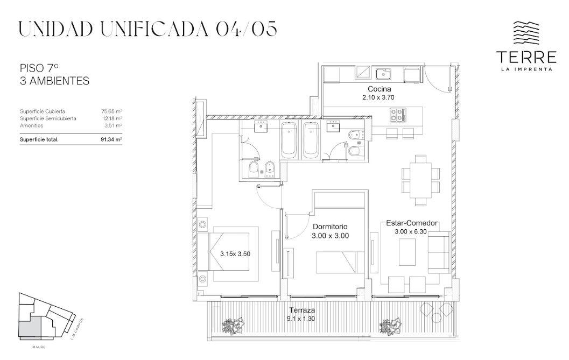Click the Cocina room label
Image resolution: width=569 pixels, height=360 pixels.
click(x=379, y=89)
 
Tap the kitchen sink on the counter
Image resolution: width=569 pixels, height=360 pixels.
click(x=383, y=74)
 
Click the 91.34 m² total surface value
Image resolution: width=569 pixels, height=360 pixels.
click(x=111, y=139)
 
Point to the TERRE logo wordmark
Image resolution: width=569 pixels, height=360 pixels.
click(x=526, y=57)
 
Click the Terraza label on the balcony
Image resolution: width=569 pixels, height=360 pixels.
click(x=302, y=310)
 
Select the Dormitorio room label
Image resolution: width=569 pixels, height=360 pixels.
click(x=330, y=227)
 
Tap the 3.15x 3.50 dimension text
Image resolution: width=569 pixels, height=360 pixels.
click(x=235, y=254)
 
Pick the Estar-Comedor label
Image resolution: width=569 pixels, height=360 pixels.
click(x=411, y=223)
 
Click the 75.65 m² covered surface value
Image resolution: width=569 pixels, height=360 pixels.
click(x=111, y=111)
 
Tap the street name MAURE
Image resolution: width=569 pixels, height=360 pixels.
click(x=39, y=347)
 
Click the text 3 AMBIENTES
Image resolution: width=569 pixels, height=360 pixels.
click(x=54, y=81)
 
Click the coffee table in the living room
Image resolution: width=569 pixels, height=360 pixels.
click(x=407, y=252)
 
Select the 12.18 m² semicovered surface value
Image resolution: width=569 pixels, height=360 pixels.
click(x=112, y=118)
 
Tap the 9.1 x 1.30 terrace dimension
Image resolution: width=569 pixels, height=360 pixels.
click(x=302, y=319)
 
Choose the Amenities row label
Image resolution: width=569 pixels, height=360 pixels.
click(x=32, y=125)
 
